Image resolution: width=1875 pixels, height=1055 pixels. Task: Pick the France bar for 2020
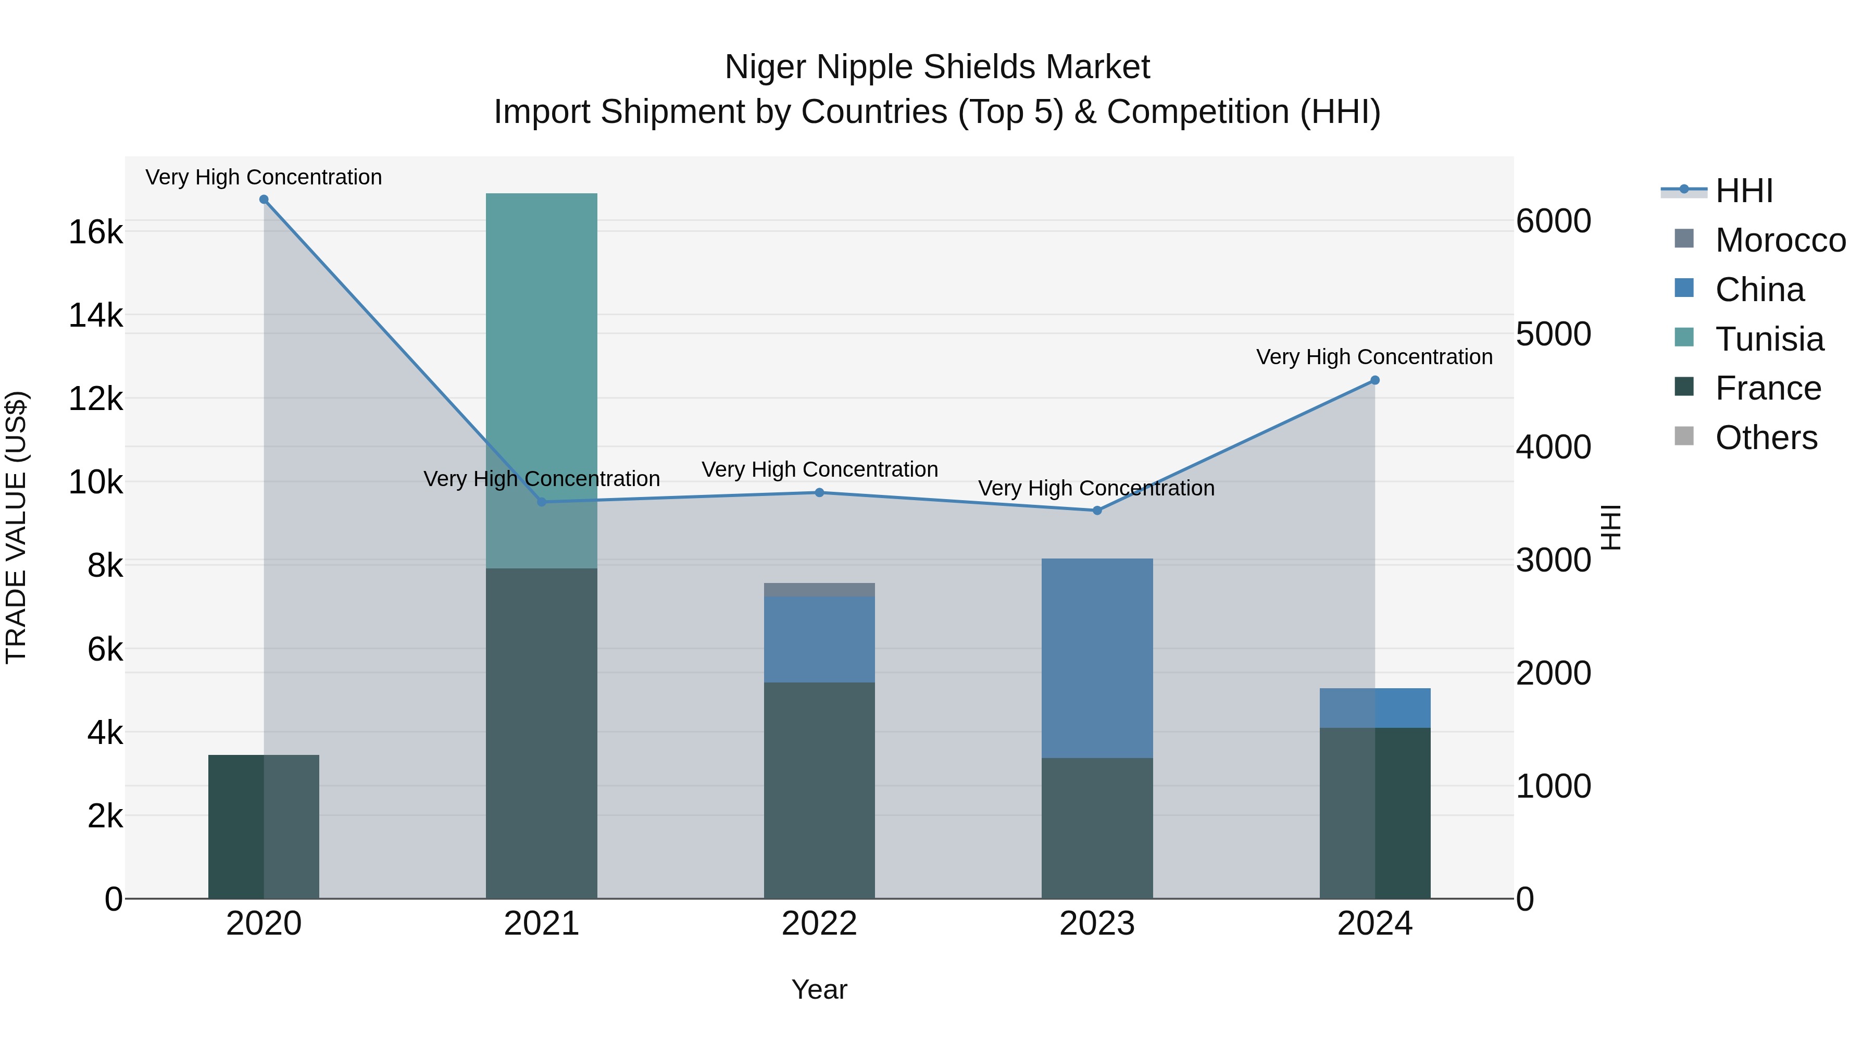264,826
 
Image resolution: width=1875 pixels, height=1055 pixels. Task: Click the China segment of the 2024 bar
1374,707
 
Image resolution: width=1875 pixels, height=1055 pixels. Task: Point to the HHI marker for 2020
264,200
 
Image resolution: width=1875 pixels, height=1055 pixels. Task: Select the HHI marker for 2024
1374,380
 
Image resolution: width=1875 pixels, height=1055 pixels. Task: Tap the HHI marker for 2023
1097,511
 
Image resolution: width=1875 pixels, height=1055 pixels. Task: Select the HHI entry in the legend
1743,191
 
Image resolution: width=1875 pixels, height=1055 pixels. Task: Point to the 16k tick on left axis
95,232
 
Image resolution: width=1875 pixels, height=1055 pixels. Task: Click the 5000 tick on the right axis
1553,334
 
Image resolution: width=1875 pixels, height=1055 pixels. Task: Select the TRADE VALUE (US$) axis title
16,527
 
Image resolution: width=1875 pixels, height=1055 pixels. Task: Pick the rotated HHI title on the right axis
1611,527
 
